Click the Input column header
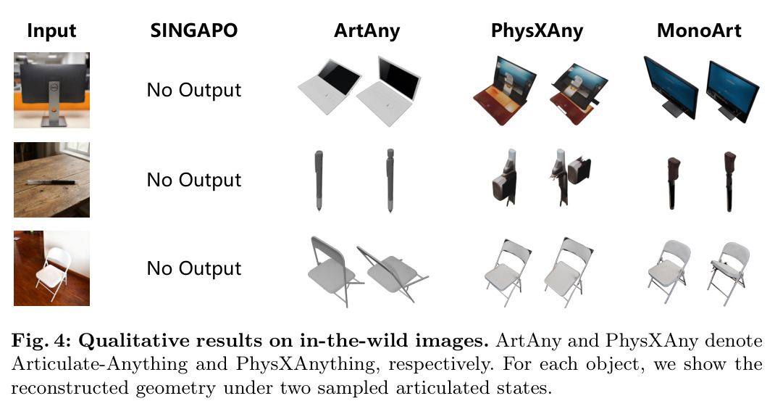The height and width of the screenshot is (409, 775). click(x=51, y=30)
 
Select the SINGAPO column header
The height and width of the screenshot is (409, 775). click(x=194, y=30)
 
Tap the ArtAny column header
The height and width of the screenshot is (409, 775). click(x=366, y=31)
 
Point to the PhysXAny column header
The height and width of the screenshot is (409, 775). click(x=537, y=31)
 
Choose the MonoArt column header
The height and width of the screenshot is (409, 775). click(x=699, y=30)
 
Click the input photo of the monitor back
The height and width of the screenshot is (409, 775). click(x=52, y=90)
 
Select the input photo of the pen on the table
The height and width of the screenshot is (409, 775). click(x=52, y=180)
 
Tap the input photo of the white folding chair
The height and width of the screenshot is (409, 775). click(x=52, y=268)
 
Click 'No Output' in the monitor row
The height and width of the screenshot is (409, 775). click(x=194, y=90)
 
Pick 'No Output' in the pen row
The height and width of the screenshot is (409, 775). click(x=194, y=180)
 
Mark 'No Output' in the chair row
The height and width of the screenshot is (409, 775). click(x=194, y=268)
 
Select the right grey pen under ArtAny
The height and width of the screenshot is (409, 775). click(x=390, y=181)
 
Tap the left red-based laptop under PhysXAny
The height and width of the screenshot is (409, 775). click(x=505, y=91)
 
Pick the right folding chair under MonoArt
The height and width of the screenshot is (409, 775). click(x=729, y=273)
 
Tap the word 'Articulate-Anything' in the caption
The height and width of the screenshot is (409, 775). click(x=99, y=365)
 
